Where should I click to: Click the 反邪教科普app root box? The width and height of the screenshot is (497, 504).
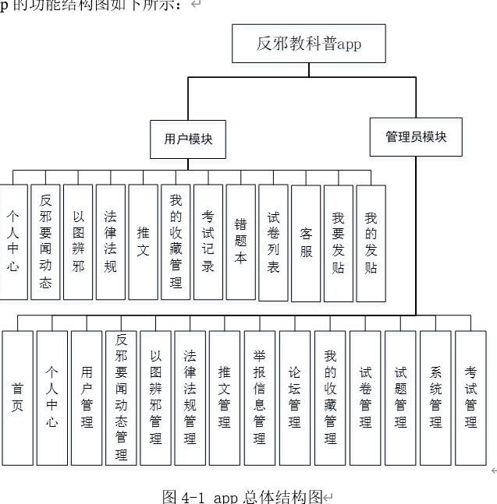click(308, 44)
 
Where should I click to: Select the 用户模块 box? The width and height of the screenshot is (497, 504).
click(188, 139)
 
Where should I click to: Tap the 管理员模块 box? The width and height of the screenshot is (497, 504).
click(415, 137)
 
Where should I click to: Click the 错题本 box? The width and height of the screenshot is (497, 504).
click(240, 241)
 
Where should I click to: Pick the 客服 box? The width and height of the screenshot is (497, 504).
click(306, 242)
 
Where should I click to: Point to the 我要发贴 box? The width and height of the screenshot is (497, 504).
click(338, 242)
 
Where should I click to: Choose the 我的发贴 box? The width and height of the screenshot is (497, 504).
click(371, 242)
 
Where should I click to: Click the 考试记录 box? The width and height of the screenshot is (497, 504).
click(208, 241)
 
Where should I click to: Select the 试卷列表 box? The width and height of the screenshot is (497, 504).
click(273, 242)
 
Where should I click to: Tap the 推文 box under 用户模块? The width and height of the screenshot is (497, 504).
click(143, 241)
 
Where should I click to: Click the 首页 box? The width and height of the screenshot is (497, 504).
click(17, 397)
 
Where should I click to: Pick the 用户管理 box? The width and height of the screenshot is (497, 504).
click(87, 397)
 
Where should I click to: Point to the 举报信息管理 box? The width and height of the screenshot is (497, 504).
click(259, 397)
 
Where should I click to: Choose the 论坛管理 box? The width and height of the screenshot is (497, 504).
click(294, 397)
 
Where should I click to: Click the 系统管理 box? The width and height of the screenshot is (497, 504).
click(435, 397)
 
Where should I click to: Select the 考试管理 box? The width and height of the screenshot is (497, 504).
click(470, 397)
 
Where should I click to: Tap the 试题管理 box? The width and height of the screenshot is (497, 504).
click(400, 397)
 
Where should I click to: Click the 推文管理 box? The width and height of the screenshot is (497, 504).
click(225, 397)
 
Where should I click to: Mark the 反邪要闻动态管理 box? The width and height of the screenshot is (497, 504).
click(121, 397)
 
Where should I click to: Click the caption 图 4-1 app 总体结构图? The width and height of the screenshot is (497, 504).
click(242, 495)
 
